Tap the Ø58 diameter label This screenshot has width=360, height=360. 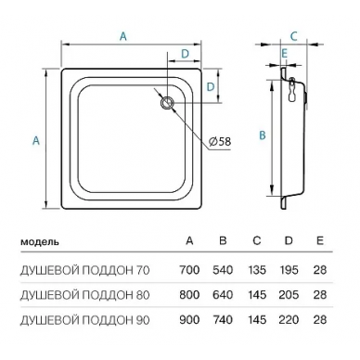(220, 142)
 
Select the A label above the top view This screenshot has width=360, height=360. (123, 36)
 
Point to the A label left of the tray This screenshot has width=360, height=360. (36, 141)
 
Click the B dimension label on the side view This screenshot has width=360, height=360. (263, 135)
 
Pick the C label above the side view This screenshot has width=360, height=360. (294, 36)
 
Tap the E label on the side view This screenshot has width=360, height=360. (285, 54)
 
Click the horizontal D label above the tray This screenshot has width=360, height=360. (185, 54)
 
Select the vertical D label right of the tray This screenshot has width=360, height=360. (211, 87)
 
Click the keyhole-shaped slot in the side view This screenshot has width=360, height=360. (292, 90)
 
